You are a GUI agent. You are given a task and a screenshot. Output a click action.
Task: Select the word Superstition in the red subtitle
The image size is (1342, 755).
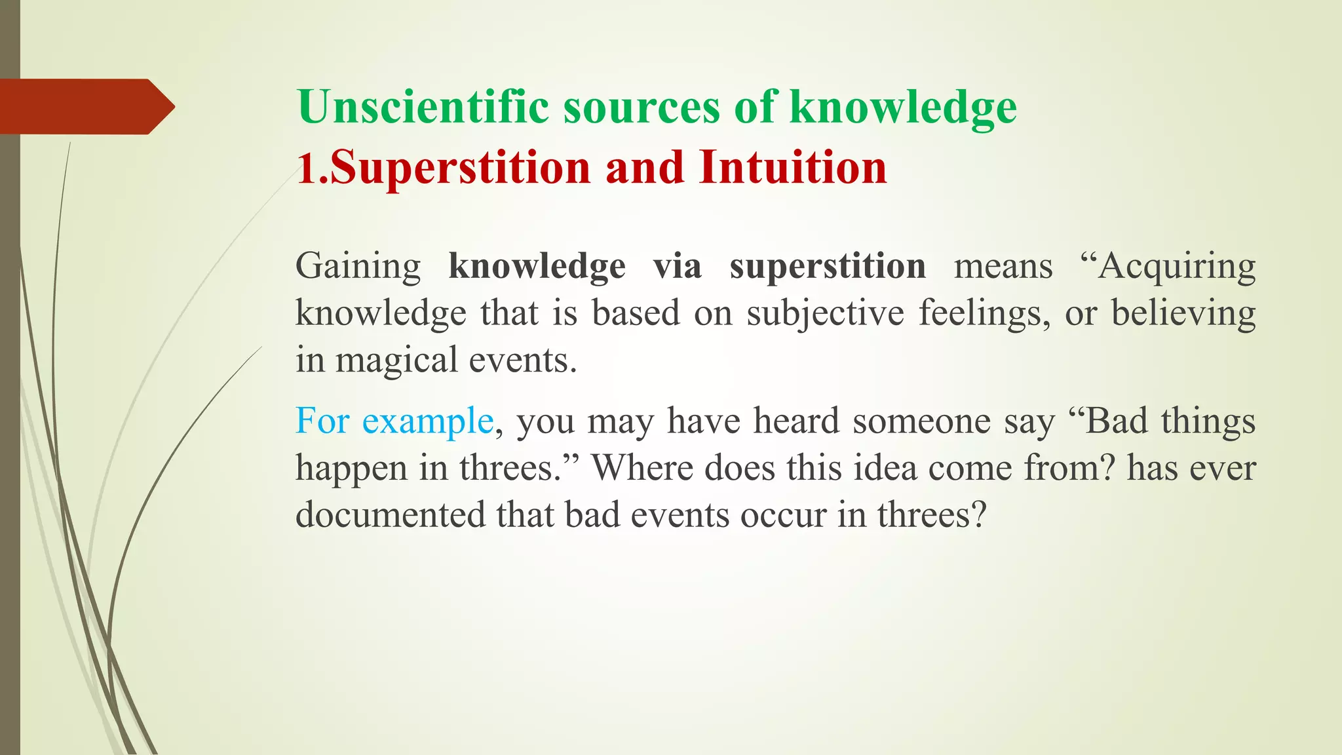point(460,168)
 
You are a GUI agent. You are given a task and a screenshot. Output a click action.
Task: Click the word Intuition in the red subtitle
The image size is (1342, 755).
point(793,167)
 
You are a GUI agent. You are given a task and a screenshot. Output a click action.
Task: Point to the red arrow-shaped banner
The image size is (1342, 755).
point(85,107)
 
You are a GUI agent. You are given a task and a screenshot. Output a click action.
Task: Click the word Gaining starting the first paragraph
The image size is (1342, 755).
point(358,267)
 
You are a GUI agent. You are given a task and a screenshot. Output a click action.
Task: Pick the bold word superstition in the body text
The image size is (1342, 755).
point(828,267)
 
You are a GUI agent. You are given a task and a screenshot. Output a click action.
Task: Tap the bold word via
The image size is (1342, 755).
point(678,266)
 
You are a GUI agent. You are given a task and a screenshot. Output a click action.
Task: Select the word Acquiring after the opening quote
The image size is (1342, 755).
point(1176,267)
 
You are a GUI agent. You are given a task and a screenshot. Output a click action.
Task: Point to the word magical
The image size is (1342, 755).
point(396,361)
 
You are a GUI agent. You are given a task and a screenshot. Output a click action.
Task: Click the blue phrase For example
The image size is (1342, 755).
point(394,421)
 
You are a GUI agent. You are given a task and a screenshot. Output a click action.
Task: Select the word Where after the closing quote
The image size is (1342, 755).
point(642,468)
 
